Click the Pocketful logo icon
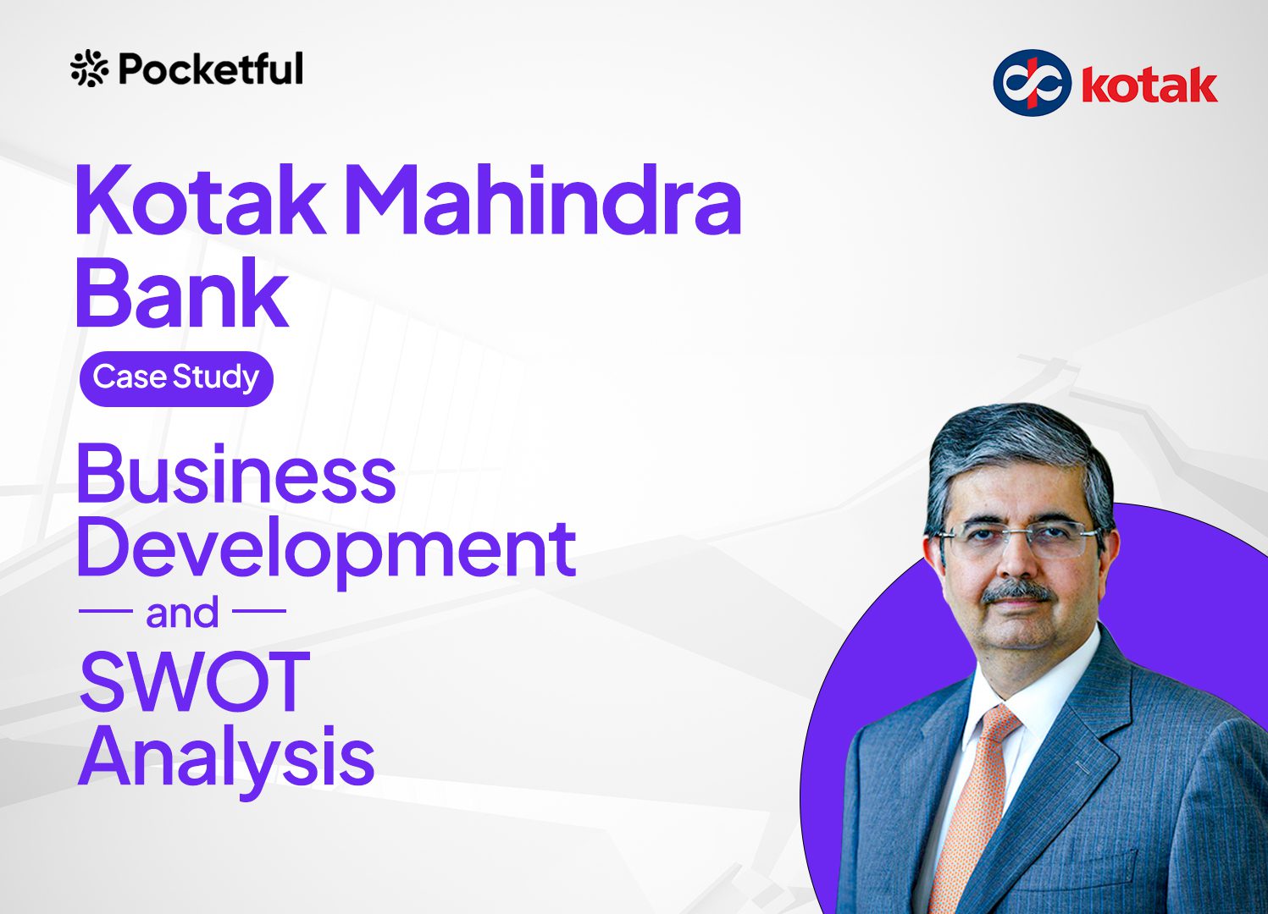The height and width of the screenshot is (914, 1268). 89,69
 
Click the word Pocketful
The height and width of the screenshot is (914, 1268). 211,69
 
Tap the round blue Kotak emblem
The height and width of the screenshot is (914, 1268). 1032,83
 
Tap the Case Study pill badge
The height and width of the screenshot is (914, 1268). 176,378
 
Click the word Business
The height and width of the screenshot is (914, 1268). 236,473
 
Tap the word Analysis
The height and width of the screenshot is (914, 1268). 226,759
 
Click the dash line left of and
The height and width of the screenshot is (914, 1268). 105,611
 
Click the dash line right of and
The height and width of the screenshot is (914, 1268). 259,611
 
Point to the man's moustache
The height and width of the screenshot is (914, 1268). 1019,592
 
